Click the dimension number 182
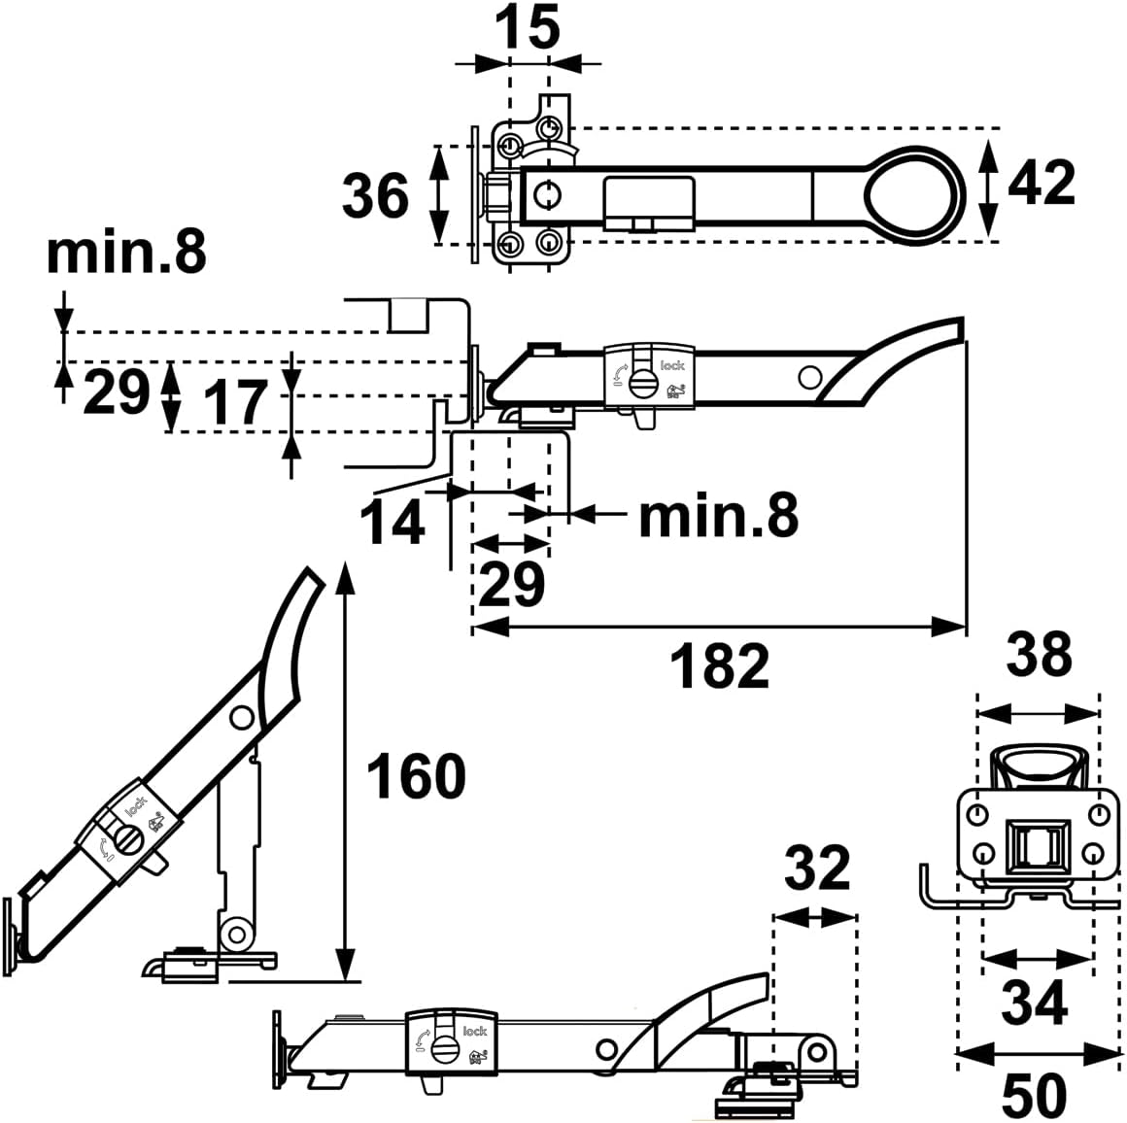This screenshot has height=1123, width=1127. pos(720,666)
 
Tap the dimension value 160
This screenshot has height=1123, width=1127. pos(416,777)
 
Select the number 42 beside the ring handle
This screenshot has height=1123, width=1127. pos(1042,183)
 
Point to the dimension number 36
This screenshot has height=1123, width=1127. pos(375,195)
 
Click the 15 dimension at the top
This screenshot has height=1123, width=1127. pos(527,27)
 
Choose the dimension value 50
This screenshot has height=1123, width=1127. pos(1035,1096)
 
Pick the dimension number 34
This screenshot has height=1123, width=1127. pos(1035,1003)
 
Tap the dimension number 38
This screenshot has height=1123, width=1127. pos(1039,655)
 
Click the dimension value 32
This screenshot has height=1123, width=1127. pos(817,868)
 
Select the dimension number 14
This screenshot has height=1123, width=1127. pos(392,523)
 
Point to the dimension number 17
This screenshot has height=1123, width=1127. pos(235,403)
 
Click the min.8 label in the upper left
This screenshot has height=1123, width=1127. pos(126,252)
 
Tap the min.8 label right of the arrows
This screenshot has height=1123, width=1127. pos(719,515)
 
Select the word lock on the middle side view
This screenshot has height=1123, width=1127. pos(672,365)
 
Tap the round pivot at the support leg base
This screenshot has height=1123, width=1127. pos(235,933)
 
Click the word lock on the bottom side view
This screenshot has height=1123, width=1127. pos(474,1032)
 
